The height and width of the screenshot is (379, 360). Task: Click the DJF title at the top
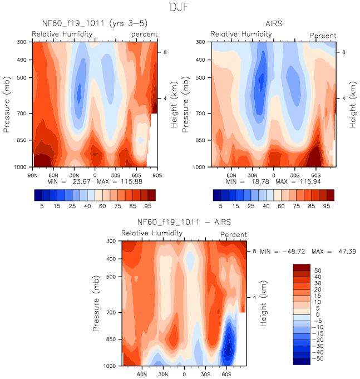[179, 8]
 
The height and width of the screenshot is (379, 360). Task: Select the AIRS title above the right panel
[273, 24]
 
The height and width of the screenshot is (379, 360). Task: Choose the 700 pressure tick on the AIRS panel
[203, 114]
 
